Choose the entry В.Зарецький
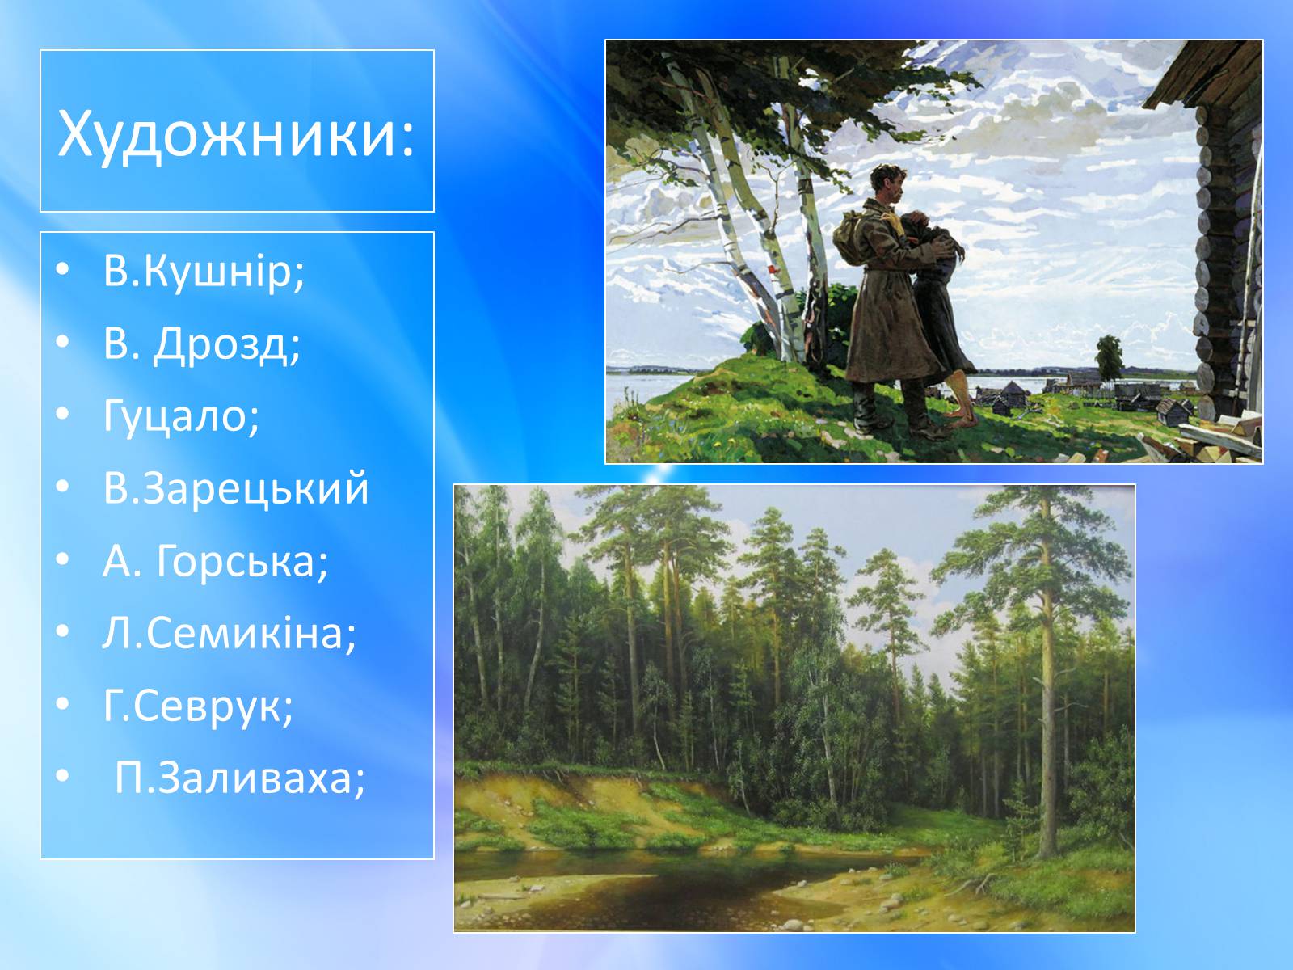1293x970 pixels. (236, 489)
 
